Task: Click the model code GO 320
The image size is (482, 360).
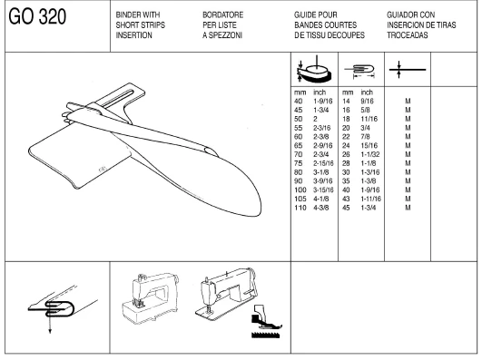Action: (37, 16)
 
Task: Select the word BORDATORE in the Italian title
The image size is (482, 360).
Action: (223, 15)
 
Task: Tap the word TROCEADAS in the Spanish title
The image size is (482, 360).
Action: (408, 35)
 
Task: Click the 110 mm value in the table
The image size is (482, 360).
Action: (300, 208)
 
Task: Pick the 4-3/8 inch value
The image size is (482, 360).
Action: (321, 208)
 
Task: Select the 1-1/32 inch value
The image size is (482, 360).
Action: (370, 154)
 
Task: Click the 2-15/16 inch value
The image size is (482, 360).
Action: (323, 163)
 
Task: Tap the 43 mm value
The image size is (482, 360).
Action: (346, 199)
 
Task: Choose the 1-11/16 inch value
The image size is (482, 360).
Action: (371, 199)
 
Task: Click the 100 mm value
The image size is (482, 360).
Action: (300, 190)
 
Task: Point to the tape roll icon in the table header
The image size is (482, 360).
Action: (314, 69)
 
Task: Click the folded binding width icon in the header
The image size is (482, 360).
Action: (360, 71)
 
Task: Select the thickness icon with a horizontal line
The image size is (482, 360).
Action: (408, 70)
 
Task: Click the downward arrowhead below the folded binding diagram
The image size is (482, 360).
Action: (50, 331)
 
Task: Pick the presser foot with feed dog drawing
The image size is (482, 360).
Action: (266, 322)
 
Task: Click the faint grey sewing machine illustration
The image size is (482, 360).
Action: (151, 297)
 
